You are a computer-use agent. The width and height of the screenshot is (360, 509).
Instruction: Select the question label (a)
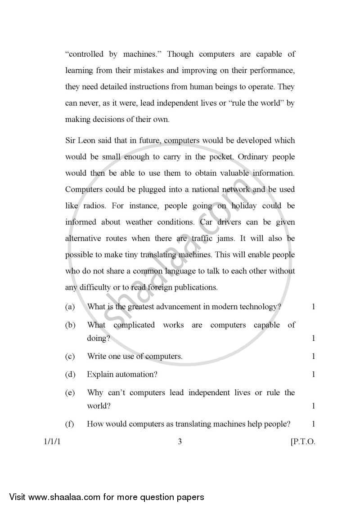[70, 307]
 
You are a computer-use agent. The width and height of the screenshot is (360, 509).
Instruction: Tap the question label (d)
[70, 374]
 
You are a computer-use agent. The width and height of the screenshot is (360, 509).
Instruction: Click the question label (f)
[70, 424]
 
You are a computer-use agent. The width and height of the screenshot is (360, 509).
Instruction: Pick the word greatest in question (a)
[142, 307]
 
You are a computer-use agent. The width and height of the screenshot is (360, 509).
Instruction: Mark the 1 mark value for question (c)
[313, 356]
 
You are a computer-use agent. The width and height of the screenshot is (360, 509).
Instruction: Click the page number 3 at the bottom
[180, 442]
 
